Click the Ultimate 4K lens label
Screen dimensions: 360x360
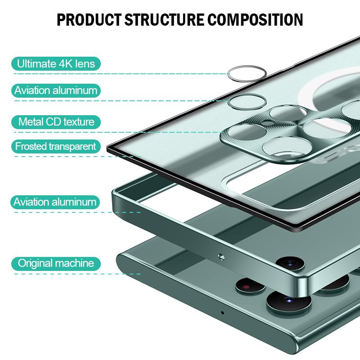pos(56,63)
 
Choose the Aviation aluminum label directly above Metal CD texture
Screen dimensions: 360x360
pos(56,90)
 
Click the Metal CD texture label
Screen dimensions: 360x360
pos(56,121)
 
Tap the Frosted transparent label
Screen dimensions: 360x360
pos(56,146)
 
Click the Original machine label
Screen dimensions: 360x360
pos(56,263)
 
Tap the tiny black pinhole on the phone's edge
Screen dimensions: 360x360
pos(222,312)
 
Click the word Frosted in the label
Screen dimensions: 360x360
pos(31,146)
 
